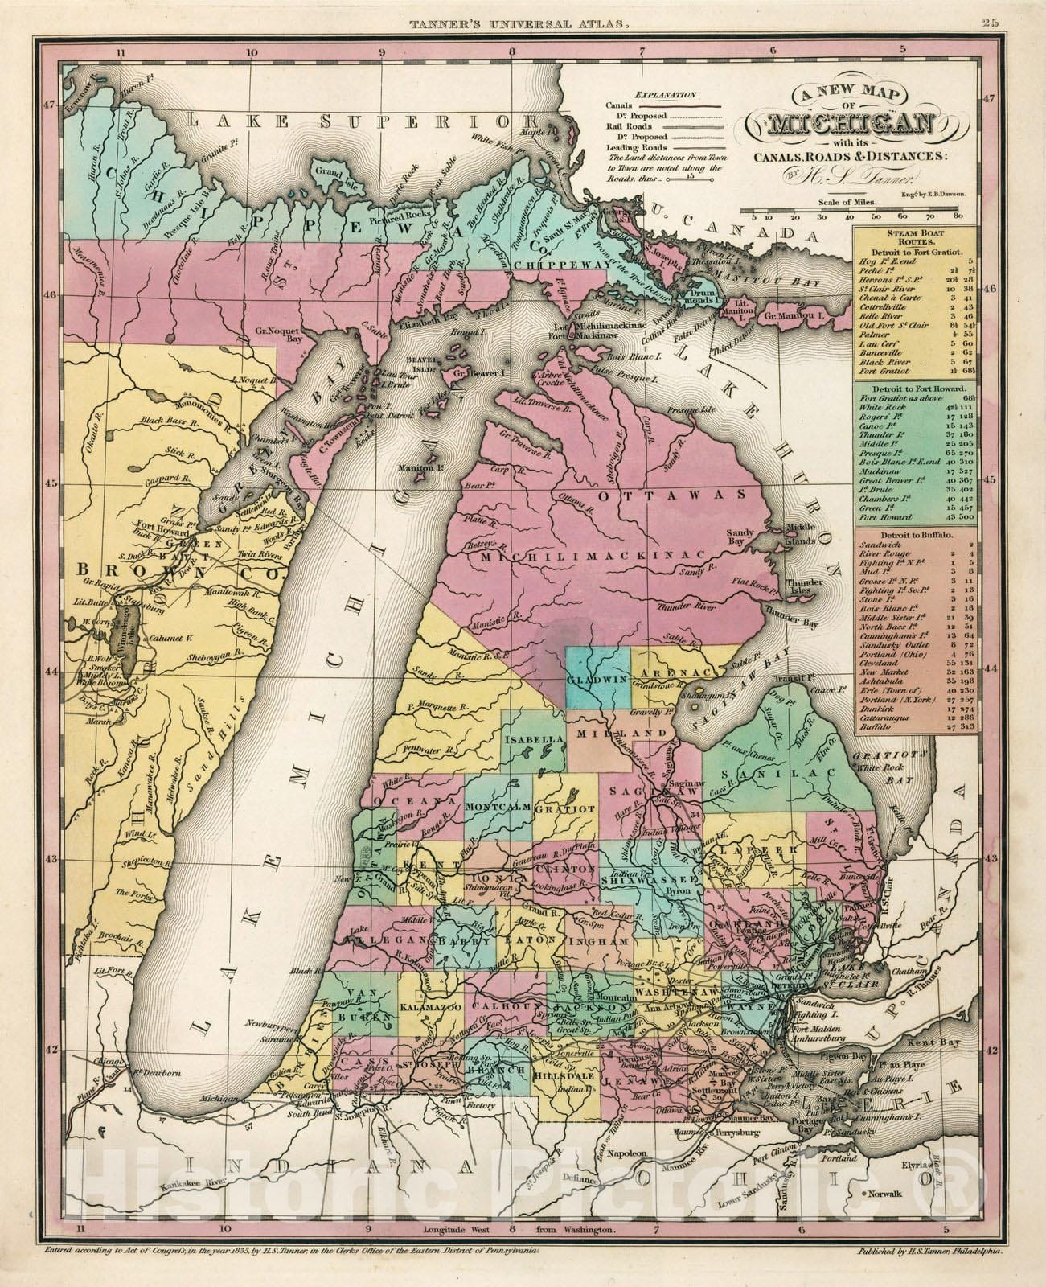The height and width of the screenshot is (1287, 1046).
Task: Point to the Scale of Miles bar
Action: (854, 216)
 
